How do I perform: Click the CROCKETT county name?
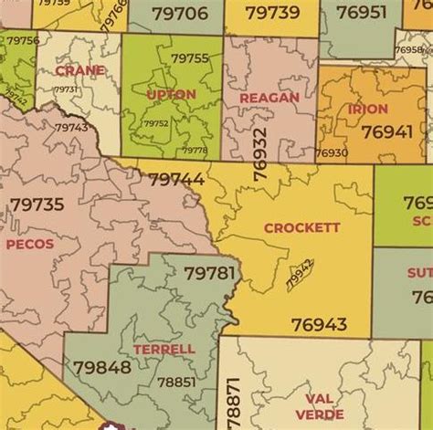tap(301, 227)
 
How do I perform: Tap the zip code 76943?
tap(319, 324)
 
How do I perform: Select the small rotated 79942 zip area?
tap(300, 274)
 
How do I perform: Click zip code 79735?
tap(37, 205)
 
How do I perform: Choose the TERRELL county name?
tap(164, 349)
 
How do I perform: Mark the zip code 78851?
tap(175, 383)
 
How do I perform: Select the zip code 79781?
tap(209, 273)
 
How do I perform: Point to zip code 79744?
tap(176, 180)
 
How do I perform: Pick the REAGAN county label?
tap(269, 98)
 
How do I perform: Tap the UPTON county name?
tap(171, 94)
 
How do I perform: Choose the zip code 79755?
tap(190, 58)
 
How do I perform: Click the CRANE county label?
tap(79, 69)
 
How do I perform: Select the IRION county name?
tap(368, 109)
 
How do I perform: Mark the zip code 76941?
tap(386, 131)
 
